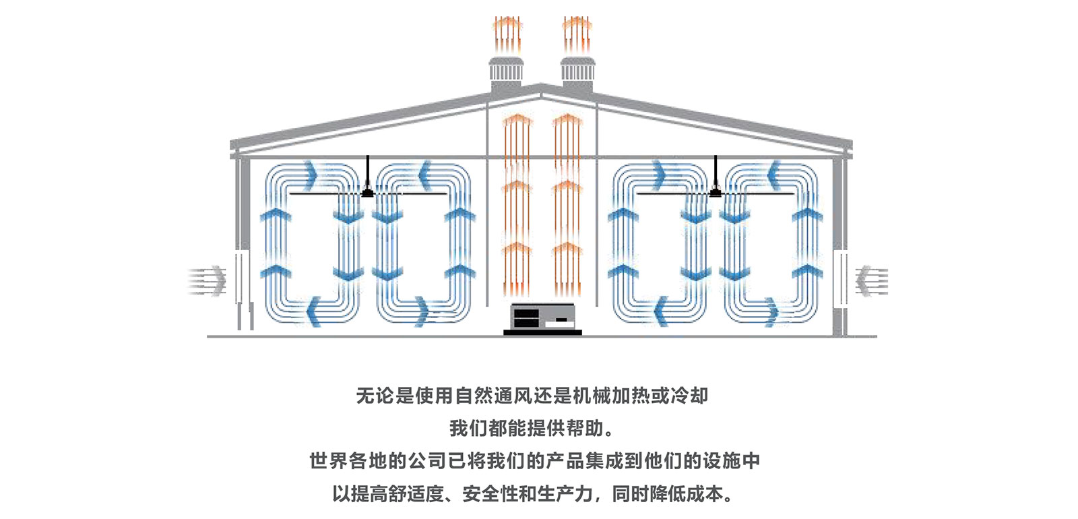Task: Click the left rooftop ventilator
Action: point(505,71)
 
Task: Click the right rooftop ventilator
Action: point(577,71)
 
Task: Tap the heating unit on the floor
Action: point(542,318)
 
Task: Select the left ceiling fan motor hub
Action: point(367,193)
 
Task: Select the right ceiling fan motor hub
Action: point(716,193)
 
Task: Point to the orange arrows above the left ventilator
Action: point(506,34)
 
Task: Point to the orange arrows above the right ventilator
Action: point(577,34)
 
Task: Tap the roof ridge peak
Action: point(540,86)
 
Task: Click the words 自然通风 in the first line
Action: point(494,396)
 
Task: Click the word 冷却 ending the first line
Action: point(689,396)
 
